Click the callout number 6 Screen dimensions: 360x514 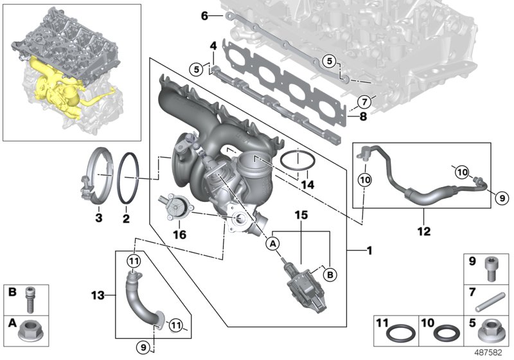point(204,17)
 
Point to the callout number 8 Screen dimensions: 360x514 point(363,116)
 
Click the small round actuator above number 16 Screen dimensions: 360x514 point(173,206)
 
